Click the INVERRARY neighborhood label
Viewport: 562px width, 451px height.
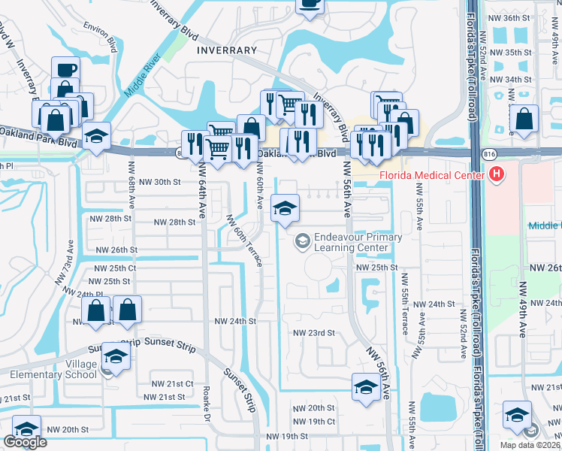point(226,50)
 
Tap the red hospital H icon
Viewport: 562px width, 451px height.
point(495,176)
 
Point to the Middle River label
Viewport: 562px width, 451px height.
point(144,74)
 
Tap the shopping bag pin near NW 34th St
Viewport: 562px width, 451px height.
point(524,120)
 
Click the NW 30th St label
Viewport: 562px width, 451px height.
point(166,182)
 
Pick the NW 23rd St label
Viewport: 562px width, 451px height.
point(313,332)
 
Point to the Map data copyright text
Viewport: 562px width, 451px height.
point(525,444)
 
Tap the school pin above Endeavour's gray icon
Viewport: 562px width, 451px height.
point(285,208)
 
